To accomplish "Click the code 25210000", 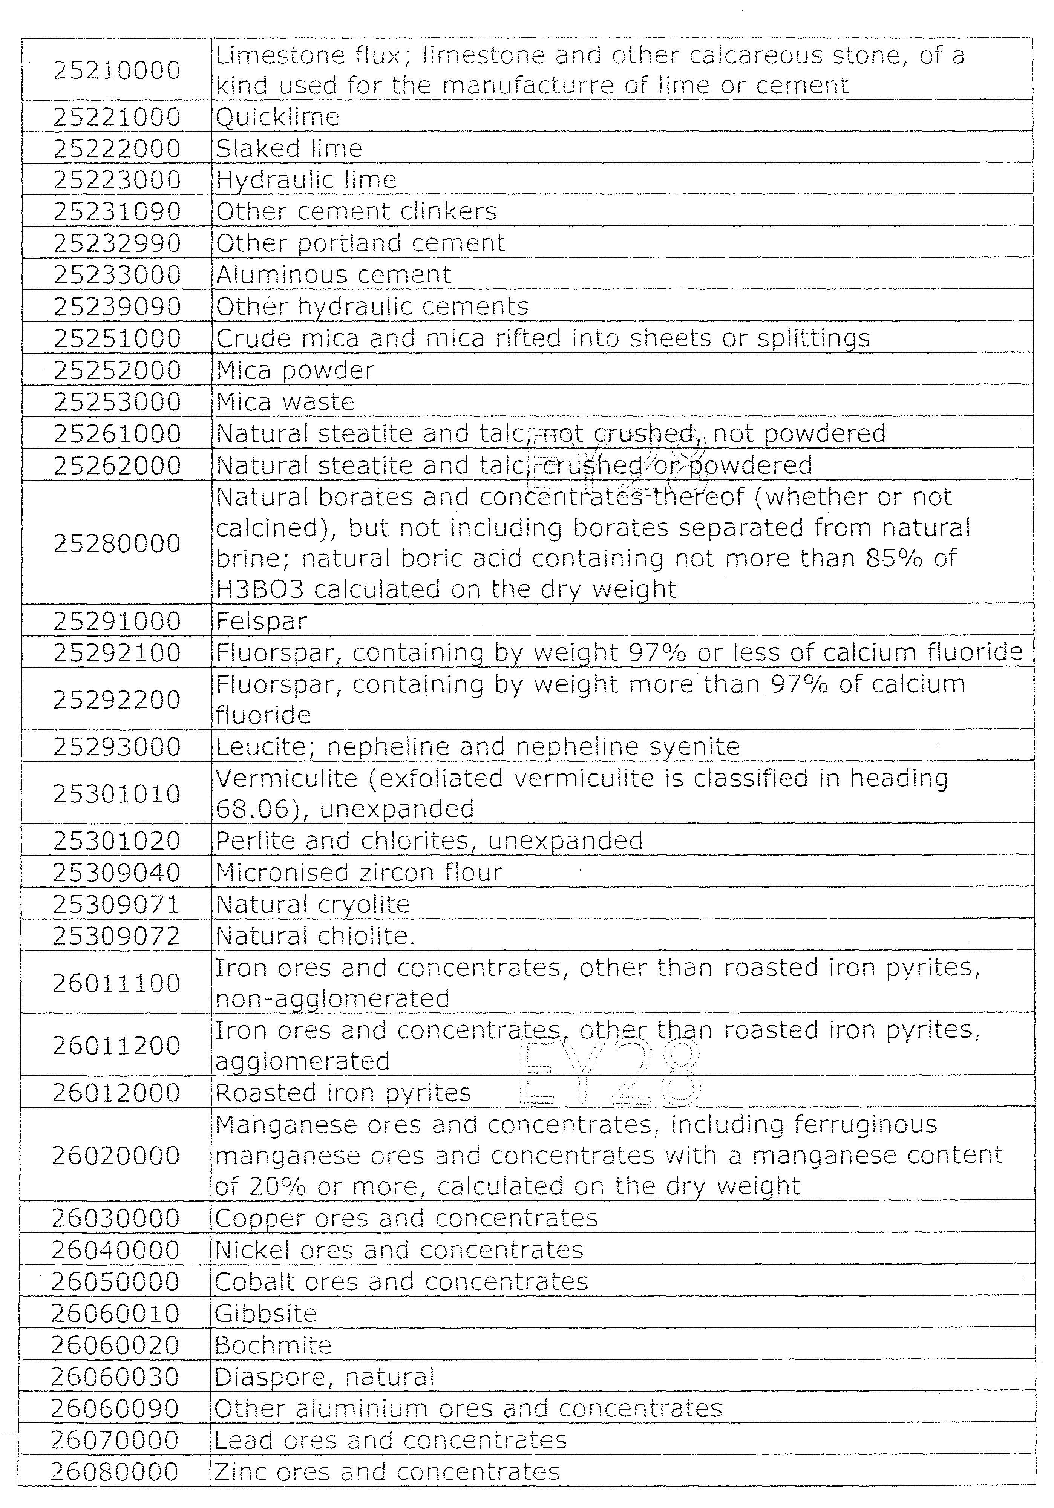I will (x=117, y=70).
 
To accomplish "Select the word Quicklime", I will (x=277, y=117).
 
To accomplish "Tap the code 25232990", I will (x=117, y=243).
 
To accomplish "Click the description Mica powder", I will (x=295, y=370).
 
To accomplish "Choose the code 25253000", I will (x=117, y=402).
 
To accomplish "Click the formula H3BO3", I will (x=260, y=589).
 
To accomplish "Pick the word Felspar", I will (x=261, y=621).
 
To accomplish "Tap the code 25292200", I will (x=117, y=700).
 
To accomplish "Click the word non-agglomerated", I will (x=332, y=998).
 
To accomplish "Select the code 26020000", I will (x=116, y=1155).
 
